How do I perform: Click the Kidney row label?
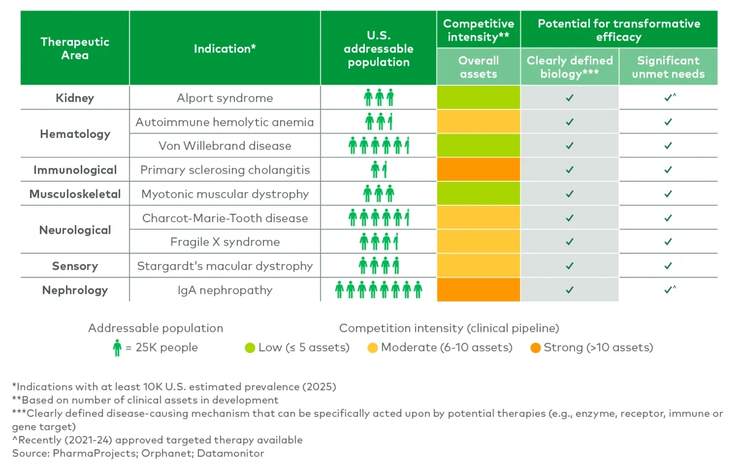(75, 98)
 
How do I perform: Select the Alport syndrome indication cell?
(225, 98)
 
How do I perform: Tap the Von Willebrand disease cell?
(225, 146)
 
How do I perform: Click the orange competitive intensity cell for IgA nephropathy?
(478, 290)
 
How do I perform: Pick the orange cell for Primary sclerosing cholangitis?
(478, 170)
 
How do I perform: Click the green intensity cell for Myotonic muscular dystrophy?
(478, 194)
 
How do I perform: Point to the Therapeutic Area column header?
(75, 48)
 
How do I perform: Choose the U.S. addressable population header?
(378, 48)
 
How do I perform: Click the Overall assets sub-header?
(478, 67)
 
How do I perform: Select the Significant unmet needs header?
(668, 67)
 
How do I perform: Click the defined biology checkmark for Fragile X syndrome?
(569, 242)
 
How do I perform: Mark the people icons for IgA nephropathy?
(378, 290)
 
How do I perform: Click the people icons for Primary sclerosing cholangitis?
(378, 170)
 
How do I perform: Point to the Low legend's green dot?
(250, 347)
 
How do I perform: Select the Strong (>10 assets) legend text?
(598, 347)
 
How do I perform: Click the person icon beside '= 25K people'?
(117, 347)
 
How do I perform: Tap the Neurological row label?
(75, 230)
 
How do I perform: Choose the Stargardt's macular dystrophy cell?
(225, 266)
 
